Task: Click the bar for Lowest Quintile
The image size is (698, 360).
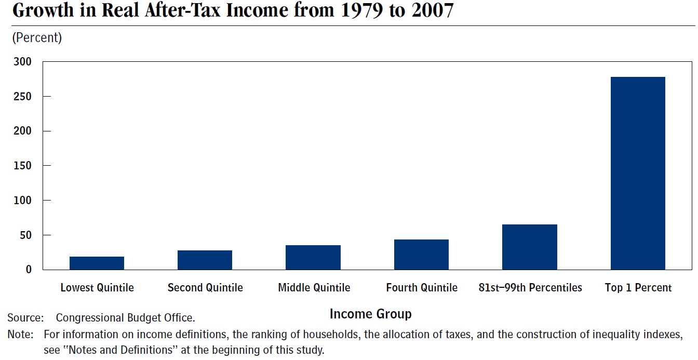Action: [97, 263]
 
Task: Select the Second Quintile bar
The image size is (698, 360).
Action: [205, 260]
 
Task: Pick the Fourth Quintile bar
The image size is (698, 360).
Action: [421, 255]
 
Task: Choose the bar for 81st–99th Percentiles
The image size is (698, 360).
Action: [529, 247]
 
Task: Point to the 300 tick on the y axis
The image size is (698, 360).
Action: [22, 62]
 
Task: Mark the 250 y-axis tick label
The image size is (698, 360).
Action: [22, 97]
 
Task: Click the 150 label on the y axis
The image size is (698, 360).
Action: [22, 166]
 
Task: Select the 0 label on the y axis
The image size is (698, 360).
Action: [29, 269]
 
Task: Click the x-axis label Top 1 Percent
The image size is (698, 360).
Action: [638, 288]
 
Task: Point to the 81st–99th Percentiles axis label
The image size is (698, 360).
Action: [530, 288]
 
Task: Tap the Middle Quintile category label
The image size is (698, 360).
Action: [314, 288]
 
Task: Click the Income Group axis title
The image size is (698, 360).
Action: [370, 314]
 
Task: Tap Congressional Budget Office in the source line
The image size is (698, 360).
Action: [125, 317]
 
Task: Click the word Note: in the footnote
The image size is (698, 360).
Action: [21, 334]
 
